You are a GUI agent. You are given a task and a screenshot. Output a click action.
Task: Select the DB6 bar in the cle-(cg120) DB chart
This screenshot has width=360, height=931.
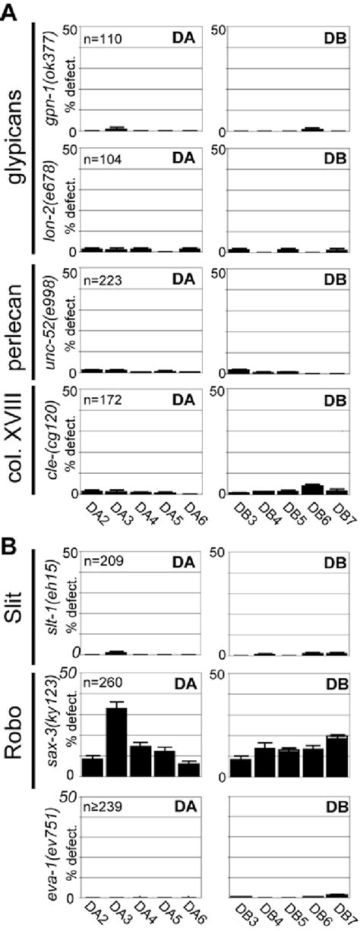[312, 489]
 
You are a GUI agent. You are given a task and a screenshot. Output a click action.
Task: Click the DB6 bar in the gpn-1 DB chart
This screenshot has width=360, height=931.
[312, 129]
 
